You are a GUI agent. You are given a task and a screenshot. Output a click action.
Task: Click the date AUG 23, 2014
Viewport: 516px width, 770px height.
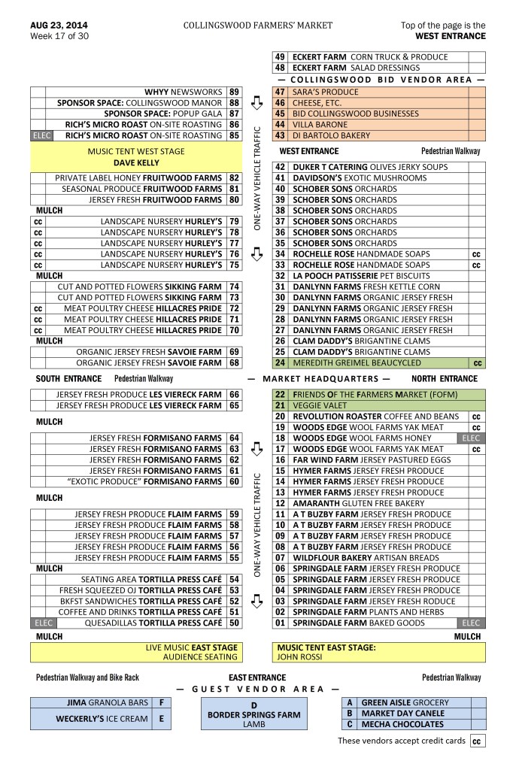point(59,25)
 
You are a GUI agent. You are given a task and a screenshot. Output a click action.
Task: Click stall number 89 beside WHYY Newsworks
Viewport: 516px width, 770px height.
point(235,92)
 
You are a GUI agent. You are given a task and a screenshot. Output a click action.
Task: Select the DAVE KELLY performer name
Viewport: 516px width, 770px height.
point(136,162)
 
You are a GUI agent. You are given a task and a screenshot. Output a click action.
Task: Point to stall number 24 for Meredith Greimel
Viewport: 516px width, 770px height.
point(280,363)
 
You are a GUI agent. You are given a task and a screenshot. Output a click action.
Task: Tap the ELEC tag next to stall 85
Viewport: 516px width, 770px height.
point(40,135)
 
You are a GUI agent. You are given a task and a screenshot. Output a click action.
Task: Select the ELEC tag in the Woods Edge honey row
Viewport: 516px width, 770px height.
point(470,438)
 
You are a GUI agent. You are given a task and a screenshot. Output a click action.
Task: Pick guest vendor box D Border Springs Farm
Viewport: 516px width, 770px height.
point(253,714)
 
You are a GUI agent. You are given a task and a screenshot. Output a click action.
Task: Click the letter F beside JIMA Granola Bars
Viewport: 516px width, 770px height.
point(161,702)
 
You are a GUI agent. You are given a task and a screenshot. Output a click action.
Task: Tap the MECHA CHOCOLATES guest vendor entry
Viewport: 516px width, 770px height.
point(402,724)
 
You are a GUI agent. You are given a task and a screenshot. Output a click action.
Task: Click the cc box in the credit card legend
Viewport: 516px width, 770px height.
point(476,741)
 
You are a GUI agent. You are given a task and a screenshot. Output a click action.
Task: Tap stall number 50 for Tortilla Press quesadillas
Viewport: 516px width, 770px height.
point(235,623)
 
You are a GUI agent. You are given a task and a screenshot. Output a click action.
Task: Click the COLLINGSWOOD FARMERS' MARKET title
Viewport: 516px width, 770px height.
point(257,25)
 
